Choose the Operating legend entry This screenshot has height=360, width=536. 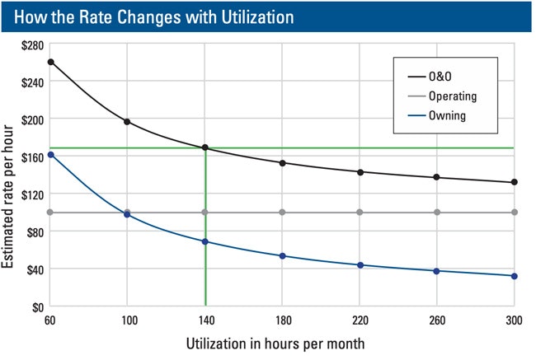pos(452,96)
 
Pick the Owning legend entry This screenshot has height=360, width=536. pos(447,115)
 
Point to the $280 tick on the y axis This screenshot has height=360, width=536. pos(31,44)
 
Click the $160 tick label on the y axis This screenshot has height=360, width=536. pos(31,157)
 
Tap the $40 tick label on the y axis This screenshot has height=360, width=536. pos(34,269)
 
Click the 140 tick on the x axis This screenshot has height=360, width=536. pos(205,320)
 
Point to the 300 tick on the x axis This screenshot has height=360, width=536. pos(515,320)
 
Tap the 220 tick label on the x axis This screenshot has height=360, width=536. pos(360,320)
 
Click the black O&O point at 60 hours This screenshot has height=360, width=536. pos(49,62)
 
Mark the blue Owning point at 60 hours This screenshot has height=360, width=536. pos(49,155)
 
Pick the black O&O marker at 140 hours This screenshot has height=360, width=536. pos(205,148)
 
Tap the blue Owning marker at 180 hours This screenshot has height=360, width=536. pos(282,256)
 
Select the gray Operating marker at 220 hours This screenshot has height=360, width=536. pos(360,213)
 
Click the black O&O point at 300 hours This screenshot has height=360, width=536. pos(515,182)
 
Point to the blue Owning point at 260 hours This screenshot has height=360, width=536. pos(437,271)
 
